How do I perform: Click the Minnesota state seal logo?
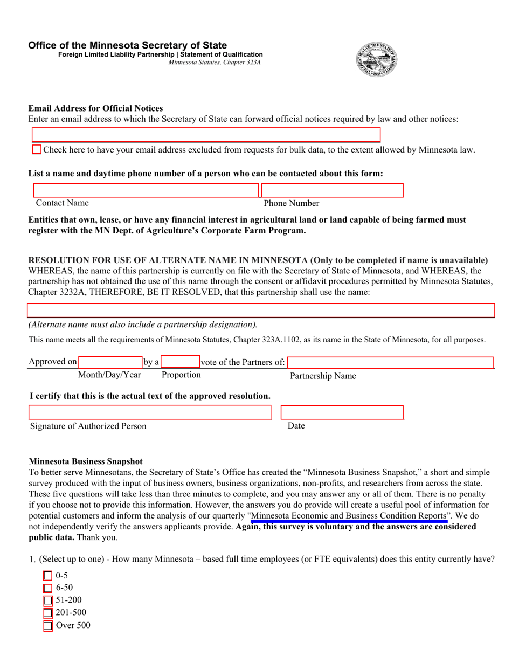(x=377, y=59)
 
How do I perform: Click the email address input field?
(x=206, y=135)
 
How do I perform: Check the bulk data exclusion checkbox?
(x=37, y=150)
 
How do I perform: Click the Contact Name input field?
(x=146, y=190)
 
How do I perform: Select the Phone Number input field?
(x=333, y=190)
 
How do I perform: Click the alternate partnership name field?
(x=261, y=310)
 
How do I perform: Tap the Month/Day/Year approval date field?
(x=110, y=362)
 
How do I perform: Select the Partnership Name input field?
(x=390, y=362)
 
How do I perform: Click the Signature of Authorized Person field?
(x=150, y=412)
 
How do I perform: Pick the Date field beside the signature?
(x=342, y=412)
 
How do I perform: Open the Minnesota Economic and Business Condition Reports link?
(x=349, y=516)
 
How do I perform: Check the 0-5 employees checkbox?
(x=48, y=576)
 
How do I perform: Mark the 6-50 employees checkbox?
(x=48, y=588)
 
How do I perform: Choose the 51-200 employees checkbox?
(x=48, y=600)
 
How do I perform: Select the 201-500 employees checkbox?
(x=48, y=613)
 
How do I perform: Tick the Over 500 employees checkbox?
(x=48, y=626)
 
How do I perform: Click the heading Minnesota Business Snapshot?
(x=86, y=461)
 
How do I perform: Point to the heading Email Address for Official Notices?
(x=95, y=108)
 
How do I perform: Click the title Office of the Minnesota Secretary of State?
(x=128, y=45)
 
